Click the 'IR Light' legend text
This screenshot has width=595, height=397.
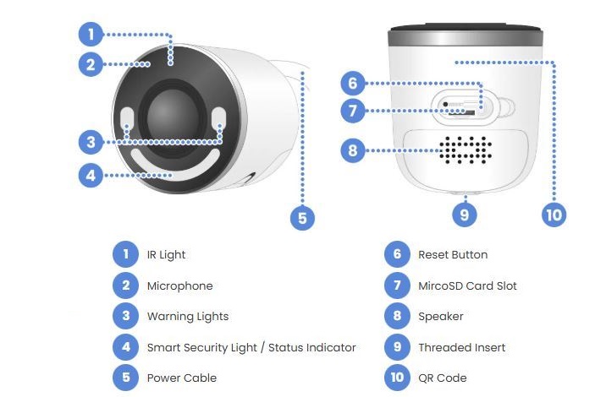[x=166, y=254]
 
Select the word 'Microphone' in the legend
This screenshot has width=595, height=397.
[x=179, y=286]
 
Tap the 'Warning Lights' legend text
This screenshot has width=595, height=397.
[x=187, y=316]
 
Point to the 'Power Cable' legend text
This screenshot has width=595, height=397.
[x=181, y=378]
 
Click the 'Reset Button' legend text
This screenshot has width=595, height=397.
[x=453, y=254]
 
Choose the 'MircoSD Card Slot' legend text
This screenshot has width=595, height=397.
[x=467, y=286]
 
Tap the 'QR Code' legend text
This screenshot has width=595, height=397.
[x=442, y=378]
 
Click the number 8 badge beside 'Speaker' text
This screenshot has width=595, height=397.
[x=395, y=316]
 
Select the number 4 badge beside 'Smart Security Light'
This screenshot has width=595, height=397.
[x=124, y=347]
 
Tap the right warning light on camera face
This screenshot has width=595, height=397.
[x=219, y=117]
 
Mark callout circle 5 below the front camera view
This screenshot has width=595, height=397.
[x=301, y=218]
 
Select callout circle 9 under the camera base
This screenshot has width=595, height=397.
[x=464, y=214]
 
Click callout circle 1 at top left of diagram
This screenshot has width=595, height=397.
[x=91, y=35]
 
